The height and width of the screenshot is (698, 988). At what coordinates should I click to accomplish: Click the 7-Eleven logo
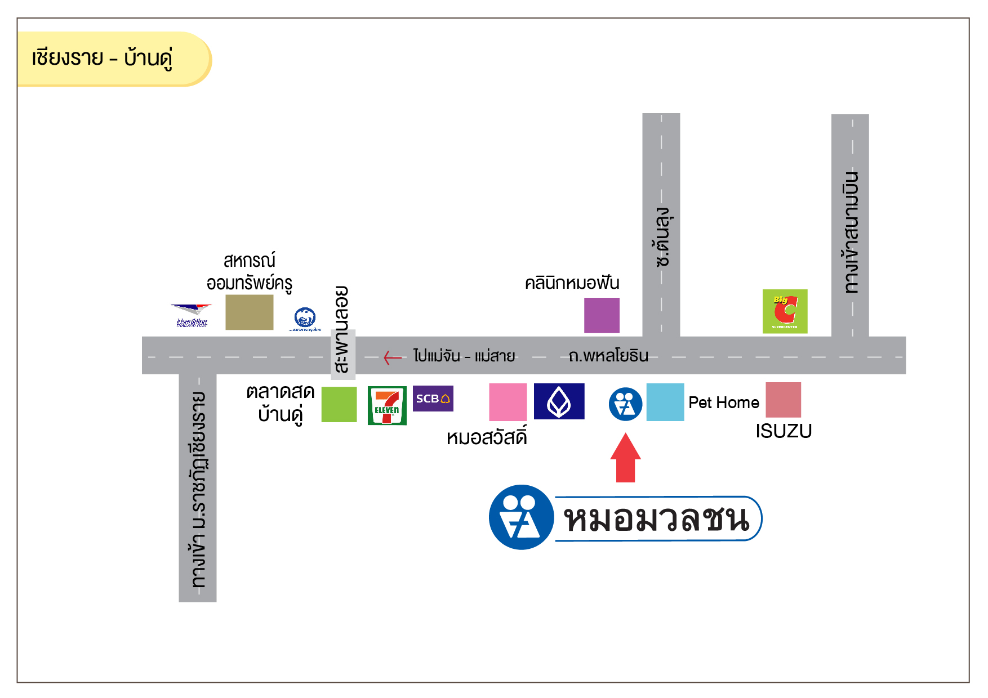[x=387, y=405]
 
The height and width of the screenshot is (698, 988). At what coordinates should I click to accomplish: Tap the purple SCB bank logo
[x=433, y=399]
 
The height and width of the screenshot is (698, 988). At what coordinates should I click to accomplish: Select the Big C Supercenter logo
[x=785, y=311]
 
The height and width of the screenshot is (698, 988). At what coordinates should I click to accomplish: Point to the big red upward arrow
[x=625, y=458]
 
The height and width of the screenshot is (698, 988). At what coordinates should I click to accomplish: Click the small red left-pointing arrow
[x=392, y=357]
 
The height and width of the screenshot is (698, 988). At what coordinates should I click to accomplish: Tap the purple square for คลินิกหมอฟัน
[x=602, y=315]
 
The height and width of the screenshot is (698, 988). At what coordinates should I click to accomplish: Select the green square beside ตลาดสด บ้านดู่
[x=339, y=404]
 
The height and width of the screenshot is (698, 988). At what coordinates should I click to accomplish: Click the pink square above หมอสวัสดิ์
[x=508, y=402]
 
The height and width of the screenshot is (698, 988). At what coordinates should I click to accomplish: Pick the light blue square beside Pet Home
[x=665, y=402]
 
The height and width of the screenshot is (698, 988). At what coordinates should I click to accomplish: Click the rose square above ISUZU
[x=783, y=400]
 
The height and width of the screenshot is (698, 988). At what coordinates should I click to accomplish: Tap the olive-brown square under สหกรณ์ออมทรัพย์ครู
[x=250, y=312]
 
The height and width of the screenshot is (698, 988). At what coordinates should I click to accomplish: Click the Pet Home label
[x=724, y=402]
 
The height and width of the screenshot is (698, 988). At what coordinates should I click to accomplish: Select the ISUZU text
[x=784, y=431]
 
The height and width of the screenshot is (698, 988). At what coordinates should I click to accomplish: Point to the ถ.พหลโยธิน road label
[x=608, y=356]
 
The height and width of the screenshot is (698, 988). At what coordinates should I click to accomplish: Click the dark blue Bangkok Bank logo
[x=559, y=401]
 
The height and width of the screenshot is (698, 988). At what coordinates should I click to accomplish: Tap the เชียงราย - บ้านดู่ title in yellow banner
[x=102, y=58]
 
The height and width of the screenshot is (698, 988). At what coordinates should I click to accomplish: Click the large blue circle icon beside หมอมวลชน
[x=521, y=517]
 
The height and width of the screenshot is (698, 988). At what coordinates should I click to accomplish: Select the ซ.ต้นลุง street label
[x=662, y=236]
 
